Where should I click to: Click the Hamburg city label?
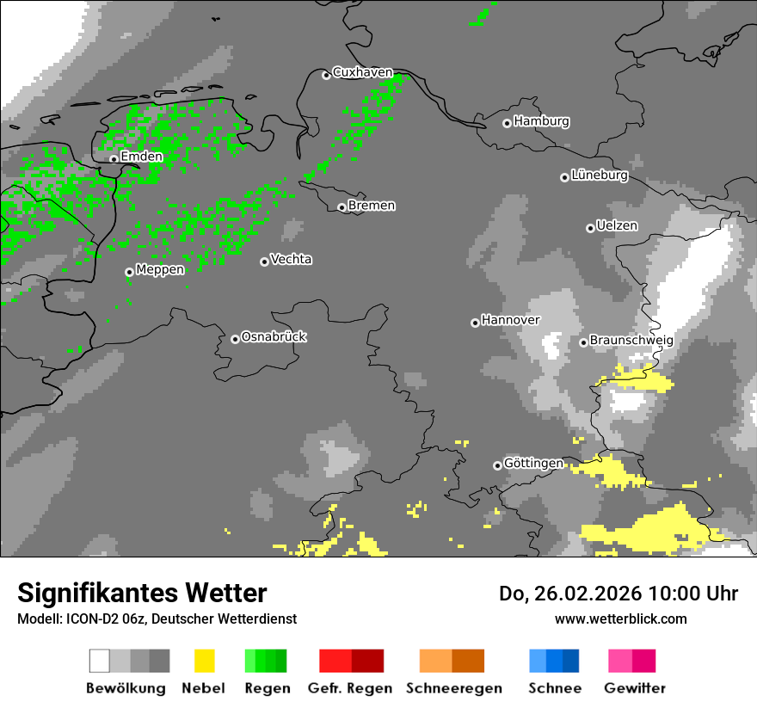(x=541, y=121)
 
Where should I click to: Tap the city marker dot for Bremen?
(x=342, y=207)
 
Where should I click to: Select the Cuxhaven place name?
(x=362, y=72)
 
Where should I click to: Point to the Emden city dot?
(x=114, y=158)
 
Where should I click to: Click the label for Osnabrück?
(x=274, y=336)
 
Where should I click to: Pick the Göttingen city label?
(x=533, y=463)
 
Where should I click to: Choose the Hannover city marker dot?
(x=475, y=323)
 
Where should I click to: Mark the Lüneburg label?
(x=600, y=175)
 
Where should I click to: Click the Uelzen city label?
(x=617, y=225)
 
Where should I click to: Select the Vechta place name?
(x=291, y=259)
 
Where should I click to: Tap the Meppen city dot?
(x=129, y=272)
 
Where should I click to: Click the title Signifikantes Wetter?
(x=142, y=593)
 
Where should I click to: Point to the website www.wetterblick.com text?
(x=620, y=619)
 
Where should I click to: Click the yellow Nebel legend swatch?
(x=204, y=661)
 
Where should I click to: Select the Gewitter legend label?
(x=635, y=688)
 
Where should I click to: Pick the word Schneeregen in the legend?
(x=454, y=688)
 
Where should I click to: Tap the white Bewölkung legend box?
(x=100, y=661)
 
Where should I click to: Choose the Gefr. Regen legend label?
(x=350, y=688)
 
